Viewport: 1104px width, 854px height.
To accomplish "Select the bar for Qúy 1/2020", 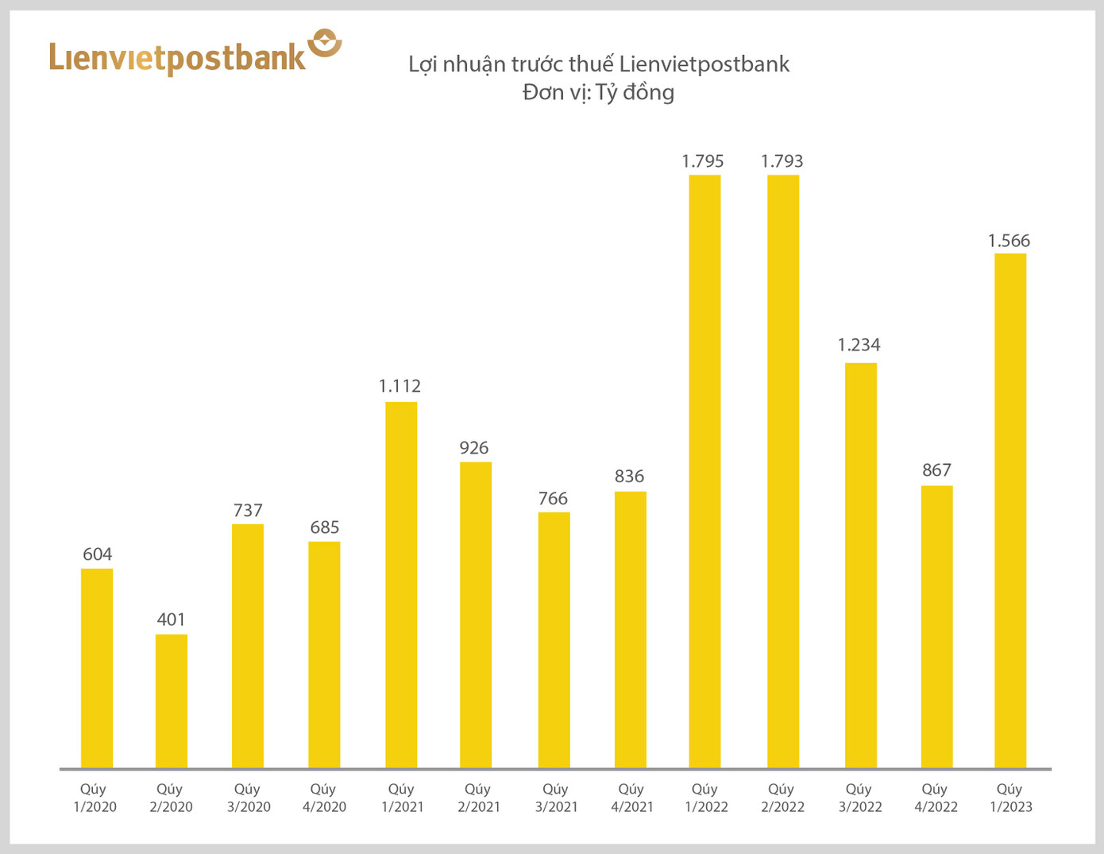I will (97, 668).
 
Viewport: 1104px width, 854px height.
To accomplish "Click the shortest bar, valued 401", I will (172, 701).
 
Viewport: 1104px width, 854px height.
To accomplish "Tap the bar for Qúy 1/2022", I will (704, 471).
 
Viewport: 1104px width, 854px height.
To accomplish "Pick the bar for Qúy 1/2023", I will (1010, 511).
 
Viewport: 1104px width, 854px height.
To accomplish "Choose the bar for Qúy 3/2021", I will (554, 640).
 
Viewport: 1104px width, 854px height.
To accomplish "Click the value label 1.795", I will (703, 161).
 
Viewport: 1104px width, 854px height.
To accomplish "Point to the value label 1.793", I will (782, 161).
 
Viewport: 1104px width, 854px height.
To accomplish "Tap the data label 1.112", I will (400, 386).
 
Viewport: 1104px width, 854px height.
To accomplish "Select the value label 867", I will (936, 470).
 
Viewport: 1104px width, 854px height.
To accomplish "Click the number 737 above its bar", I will (248, 510).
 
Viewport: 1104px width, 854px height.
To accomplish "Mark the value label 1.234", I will (859, 345).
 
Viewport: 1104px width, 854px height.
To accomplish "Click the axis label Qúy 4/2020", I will (324, 798).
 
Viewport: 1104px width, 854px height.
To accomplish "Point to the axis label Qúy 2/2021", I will (478, 798).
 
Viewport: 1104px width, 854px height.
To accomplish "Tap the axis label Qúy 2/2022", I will (782, 798).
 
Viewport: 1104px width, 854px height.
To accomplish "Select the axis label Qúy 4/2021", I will (631, 798).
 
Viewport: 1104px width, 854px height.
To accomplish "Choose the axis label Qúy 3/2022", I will (859, 798).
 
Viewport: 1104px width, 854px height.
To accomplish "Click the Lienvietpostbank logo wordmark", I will (177, 58).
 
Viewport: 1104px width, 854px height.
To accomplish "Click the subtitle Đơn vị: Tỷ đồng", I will (598, 92).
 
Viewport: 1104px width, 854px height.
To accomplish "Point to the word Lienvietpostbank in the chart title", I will (704, 64).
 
